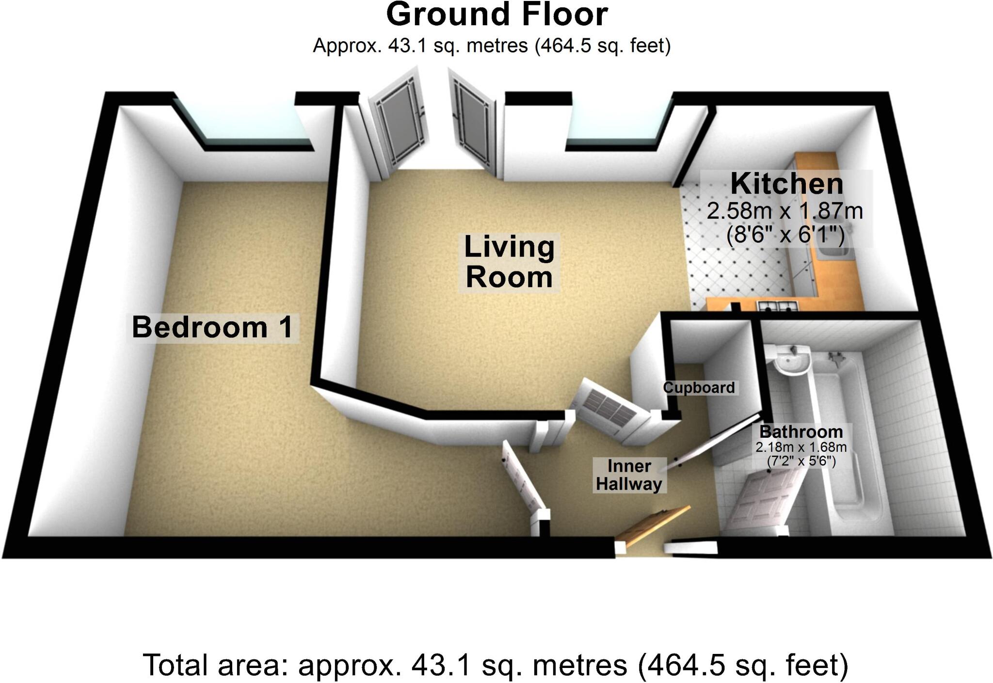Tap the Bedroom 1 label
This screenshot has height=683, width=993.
tap(212, 327)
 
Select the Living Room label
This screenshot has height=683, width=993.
tap(509, 262)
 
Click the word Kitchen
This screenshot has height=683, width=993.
tap(786, 184)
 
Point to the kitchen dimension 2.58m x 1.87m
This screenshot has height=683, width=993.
tap(785, 211)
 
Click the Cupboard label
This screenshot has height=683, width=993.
tap(699, 388)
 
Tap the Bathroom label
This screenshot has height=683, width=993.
tap(801, 431)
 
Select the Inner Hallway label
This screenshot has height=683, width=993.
tap(629, 475)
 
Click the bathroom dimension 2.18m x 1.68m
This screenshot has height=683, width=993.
tap(801, 447)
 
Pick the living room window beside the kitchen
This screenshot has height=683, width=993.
tap(618, 124)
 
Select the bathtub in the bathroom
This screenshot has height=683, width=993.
tap(844, 436)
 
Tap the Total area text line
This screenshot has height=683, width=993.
tap(496, 665)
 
